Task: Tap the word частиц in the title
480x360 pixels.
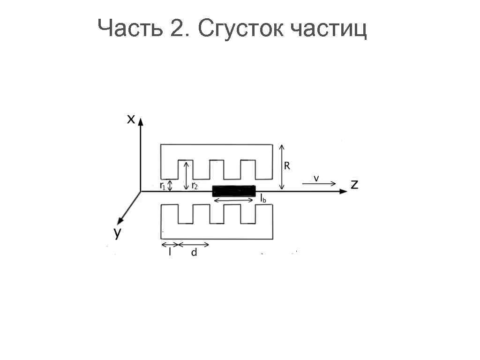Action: tap(328, 29)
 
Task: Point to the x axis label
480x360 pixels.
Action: tap(131, 120)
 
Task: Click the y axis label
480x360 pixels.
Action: tap(118, 232)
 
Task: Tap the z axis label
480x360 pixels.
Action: tap(354, 184)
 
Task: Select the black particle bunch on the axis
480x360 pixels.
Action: tap(233, 191)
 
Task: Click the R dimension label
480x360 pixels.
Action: tap(287, 166)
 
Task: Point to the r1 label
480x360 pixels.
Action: tap(162, 186)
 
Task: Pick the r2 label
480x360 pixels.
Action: tap(195, 186)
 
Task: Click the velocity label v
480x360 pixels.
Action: tap(316, 178)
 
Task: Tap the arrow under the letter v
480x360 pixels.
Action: tap(319, 184)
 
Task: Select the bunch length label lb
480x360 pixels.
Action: tap(263, 199)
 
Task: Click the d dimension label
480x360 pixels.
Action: tap(194, 253)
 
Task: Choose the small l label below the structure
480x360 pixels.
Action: tap(170, 252)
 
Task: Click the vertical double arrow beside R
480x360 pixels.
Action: tap(281, 167)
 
